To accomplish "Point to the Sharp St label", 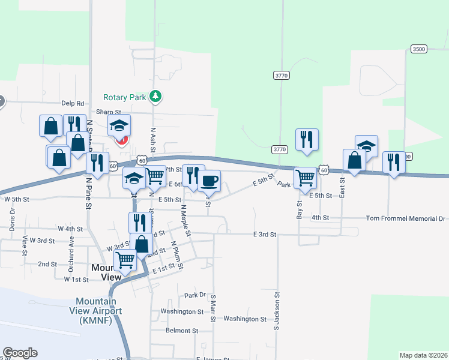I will [109, 112].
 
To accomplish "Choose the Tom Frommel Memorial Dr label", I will [406, 218].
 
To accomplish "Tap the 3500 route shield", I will [419, 49].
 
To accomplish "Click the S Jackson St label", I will [277, 311].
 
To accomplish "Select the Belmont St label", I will [182, 331].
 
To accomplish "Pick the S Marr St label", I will [213, 308].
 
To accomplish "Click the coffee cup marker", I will [209, 180].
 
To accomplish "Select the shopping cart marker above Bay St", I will [306, 178].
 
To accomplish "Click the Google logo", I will [20, 353].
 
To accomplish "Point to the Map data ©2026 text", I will [423, 355].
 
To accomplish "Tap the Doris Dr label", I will [12, 223].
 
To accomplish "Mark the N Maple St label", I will [185, 220].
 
